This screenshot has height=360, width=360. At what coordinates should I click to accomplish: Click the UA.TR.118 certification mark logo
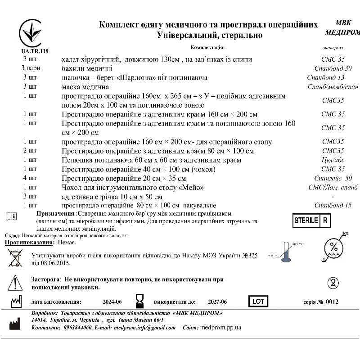[30, 34]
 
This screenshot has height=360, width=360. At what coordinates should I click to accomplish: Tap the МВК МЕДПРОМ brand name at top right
[342, 27]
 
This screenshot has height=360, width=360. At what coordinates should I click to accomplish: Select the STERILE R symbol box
[311, 220]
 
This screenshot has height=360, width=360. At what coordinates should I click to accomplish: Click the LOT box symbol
[258, 301]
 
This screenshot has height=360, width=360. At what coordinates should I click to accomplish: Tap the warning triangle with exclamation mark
[15, 283]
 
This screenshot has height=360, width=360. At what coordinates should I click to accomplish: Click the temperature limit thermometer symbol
[285, 252]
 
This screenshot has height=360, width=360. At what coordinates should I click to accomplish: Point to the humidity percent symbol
[334, 247]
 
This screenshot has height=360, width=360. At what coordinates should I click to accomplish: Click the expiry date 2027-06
[217, 302]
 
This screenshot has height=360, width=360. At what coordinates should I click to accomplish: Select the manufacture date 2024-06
[112, 302]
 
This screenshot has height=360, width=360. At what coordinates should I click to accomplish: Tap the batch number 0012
[332, 302]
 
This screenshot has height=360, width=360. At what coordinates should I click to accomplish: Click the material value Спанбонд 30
[333, 68]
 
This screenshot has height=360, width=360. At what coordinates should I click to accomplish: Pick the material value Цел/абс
[333, 160]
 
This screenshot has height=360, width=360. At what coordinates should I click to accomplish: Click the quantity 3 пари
[30, 68]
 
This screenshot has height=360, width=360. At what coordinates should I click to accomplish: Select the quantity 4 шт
[30, 178]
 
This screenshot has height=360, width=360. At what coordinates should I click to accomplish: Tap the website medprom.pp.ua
[220, 328]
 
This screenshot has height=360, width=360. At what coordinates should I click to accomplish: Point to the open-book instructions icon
[12, 216]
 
